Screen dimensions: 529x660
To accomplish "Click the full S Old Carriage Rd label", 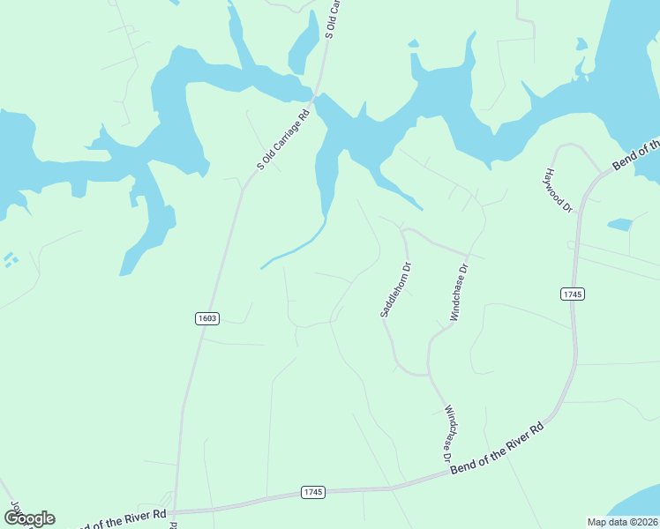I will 284,138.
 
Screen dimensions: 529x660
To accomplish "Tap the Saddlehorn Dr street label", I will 395,289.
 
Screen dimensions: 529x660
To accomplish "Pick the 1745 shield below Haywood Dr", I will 572,294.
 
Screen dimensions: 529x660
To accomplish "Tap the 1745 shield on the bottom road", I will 313,491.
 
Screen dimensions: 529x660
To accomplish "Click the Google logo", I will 29,518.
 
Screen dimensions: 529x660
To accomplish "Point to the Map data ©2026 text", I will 623,522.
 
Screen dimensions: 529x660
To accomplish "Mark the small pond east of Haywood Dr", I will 619,225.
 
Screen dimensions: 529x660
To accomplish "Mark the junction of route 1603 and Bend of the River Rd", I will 175,510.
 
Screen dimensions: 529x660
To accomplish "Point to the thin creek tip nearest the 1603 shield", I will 262,267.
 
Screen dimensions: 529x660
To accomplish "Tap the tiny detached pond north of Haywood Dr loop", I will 581,42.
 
